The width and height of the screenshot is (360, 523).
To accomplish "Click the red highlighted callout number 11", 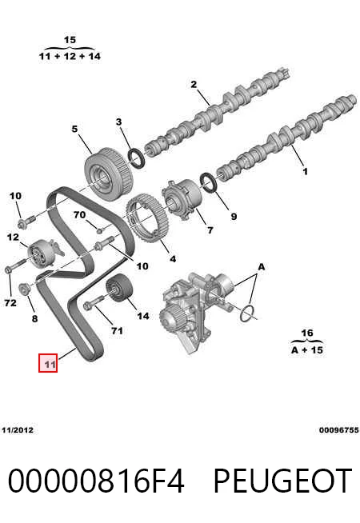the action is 48,362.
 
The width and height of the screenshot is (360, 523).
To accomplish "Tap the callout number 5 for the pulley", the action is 74,129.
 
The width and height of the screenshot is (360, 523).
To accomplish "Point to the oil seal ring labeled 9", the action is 209,183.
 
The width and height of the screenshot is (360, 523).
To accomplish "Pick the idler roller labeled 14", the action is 119,288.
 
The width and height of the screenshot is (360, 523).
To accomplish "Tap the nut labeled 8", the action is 24,289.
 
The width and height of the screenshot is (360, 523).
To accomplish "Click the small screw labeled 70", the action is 99,230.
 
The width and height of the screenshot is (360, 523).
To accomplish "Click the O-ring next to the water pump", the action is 247,313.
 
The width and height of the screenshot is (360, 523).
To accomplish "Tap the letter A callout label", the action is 262,267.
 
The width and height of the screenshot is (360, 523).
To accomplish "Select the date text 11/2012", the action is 18,430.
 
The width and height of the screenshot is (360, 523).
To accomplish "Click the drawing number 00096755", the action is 339,430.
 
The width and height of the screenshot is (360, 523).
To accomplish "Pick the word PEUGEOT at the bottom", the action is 282,481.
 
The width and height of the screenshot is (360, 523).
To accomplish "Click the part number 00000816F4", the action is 96,481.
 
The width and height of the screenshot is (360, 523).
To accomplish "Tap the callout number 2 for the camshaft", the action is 194,85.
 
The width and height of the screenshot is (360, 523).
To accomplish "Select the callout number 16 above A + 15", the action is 307,333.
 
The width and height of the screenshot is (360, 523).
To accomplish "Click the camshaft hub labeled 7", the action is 182,199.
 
